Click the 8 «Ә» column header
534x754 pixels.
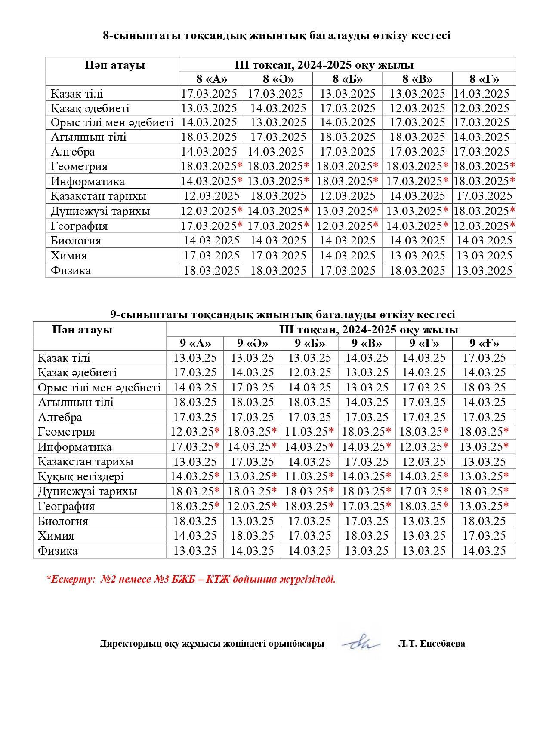tap(278, 79)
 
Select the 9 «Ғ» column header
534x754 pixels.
tap(484, 343)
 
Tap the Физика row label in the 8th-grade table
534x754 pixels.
tap(71, 270)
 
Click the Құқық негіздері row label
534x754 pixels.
tap(81, 476)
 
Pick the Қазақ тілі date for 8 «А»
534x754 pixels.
tap(209, 94)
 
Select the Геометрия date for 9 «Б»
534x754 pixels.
tap(309, 432)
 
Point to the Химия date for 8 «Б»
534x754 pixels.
tap(347, 256)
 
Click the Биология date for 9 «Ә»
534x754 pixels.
tap(252, 521)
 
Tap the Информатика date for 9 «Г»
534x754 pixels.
tap(424, 447)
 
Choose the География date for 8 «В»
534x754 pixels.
tap(417, 226)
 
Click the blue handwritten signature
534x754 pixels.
tap(361, 643)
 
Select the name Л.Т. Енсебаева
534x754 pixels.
tap(432, 644)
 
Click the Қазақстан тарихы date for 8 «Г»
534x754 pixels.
tap(484, 196)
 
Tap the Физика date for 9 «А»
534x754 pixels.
tap(195, 551)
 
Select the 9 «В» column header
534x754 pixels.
tap(367, 343)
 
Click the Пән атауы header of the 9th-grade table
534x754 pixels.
tap(82, 330)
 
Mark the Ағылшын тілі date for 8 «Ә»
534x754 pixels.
tap(278, 137)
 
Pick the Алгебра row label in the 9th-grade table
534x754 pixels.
tap(60, 417)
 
